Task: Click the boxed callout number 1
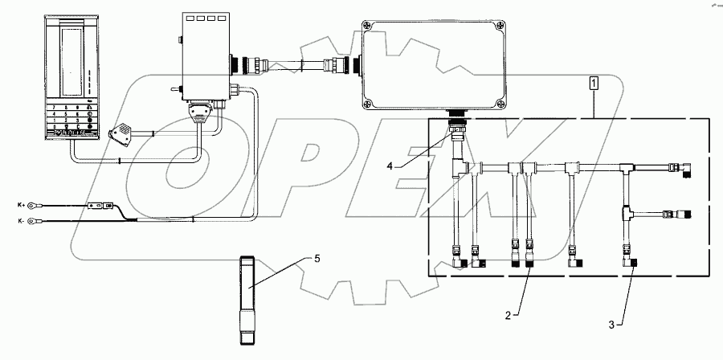tap(594, 83)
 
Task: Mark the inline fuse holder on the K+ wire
tap(100, 207)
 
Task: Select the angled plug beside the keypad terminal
tap(127, 133)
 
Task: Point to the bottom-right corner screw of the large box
tap(500, 104)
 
